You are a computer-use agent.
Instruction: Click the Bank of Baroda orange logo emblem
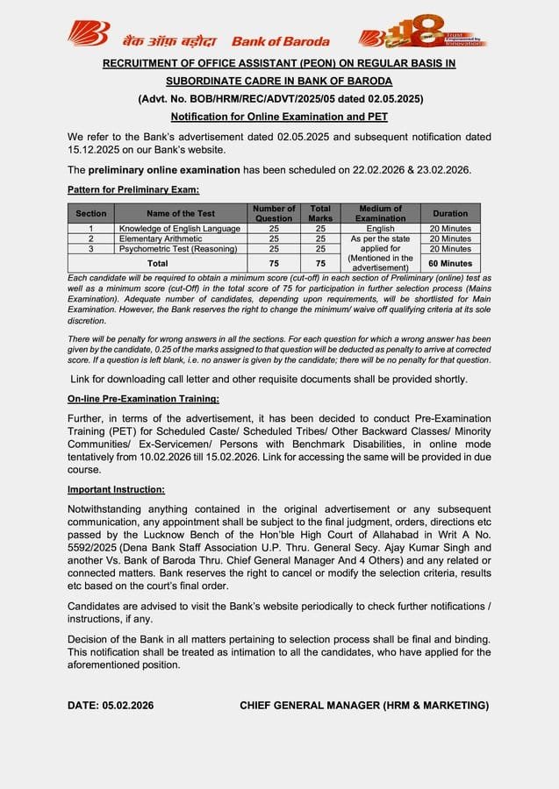(88, 34)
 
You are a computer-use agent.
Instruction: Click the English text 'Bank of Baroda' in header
(281, 41)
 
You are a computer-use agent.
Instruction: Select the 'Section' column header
(90, 213)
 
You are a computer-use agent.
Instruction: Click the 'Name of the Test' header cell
(181, 213)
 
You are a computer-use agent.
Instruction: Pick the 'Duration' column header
(450, 213)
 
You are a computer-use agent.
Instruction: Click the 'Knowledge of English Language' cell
(180, 229)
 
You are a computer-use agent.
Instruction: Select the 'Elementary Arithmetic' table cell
(161, 238)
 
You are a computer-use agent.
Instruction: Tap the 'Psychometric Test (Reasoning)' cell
(178, 249)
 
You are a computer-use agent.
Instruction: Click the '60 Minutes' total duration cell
(450, 263)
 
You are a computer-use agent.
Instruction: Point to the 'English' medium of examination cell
(380, 229)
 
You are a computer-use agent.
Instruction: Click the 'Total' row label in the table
(157, 263)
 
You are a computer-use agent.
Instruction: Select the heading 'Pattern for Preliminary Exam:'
(133, 189)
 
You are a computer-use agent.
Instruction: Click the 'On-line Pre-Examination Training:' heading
(143, 399)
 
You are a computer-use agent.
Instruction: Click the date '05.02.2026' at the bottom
(128, 705)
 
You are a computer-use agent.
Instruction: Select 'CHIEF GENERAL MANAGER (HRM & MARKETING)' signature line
(364, 705)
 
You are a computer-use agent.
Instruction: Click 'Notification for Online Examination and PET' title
(279, 117)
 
